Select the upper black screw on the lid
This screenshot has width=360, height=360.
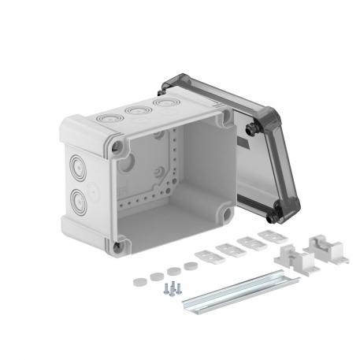point(253,126)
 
